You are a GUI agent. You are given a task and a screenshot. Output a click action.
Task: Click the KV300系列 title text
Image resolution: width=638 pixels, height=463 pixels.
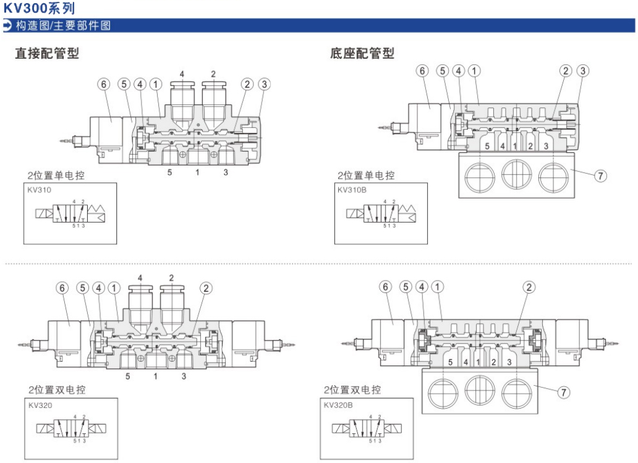tap(39, 8)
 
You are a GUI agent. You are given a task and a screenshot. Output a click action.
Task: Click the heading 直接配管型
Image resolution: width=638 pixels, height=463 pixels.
tap(47, 54)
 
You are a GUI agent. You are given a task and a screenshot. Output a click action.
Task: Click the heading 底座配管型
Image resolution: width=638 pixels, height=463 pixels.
tap(362, 54)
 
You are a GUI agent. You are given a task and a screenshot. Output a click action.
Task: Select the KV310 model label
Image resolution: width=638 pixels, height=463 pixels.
tap(39, 190)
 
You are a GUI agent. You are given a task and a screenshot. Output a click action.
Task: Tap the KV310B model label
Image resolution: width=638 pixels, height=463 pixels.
tap(352, 190)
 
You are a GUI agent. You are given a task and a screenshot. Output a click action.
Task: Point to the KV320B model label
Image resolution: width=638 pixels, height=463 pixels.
tap(338, 406)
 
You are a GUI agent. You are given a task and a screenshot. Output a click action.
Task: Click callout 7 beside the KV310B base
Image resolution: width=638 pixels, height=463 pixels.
tap(599, 176)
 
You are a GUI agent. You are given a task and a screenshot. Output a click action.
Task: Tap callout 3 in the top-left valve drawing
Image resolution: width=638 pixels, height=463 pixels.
tap(265, 84)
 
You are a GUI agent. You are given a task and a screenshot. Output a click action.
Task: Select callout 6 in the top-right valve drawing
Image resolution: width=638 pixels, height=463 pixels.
tap(423, 71)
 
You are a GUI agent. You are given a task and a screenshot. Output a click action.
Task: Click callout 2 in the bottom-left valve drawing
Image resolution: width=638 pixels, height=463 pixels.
tap(206, 287)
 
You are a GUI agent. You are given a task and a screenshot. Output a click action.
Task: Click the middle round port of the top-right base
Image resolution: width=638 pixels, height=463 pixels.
tap(517, 175)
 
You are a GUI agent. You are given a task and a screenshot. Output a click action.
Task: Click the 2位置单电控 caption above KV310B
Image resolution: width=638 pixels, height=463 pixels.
tap(365, 176)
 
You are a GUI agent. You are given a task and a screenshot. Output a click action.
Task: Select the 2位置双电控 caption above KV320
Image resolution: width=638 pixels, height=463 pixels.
tap(56, 390)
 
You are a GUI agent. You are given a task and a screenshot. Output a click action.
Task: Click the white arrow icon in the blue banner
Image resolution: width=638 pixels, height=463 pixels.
tap(7, 25)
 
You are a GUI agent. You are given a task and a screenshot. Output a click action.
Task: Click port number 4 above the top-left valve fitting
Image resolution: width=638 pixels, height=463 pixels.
tap(182, 74)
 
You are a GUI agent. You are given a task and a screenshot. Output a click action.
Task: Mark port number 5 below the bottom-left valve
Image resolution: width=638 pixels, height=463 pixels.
tap(127, 376)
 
